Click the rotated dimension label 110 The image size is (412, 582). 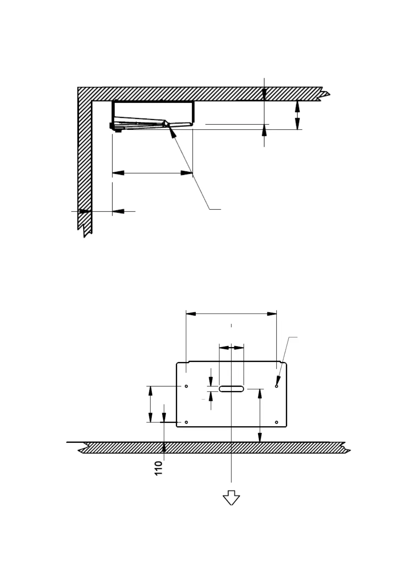click(x=158, y=468)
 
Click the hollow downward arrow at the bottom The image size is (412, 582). click(x=231, y=498)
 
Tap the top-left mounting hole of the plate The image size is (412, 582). click(x=186, y=386)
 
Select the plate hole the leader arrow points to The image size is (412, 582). click(x=277, y=386)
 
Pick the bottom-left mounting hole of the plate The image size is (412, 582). click(x=186, y=422)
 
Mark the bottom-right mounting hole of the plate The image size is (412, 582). click(x=277, y=422)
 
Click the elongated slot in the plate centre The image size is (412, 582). click(x=231, y=389)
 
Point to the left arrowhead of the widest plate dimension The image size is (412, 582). click(x=191, y=314)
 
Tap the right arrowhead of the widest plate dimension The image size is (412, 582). click(x=272, y=314)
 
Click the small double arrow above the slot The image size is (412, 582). click(x=231, y=348)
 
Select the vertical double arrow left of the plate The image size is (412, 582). click(x=150, y=404)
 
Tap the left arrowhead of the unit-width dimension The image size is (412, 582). click(x=118, y=173)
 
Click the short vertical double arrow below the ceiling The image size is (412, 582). click(x=297, y=115)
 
